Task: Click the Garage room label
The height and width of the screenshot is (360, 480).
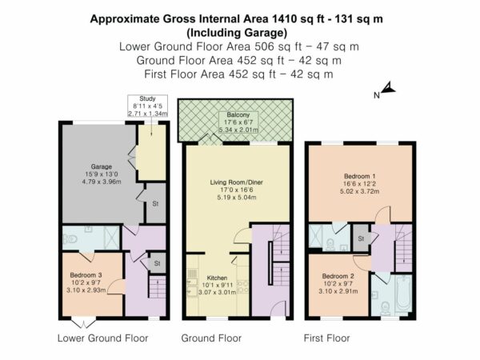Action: [x=102, y=167]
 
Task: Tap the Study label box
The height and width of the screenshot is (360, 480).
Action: [x=147, y=106]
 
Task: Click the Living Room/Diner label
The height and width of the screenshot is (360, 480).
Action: [x=236, y=182]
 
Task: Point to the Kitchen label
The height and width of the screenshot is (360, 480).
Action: [x=217, y=278]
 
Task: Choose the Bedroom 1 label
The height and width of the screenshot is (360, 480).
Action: [x=360, y=176]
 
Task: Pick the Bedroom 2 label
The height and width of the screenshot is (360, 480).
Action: [x=338, y=276]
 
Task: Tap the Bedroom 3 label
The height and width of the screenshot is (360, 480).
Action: [x=86, y=275]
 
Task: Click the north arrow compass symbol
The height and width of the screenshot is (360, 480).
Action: [x=388, y=87]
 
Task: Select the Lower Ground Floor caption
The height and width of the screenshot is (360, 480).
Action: [x=103, y=338]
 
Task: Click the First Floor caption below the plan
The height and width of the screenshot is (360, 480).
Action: [x=326, y=338]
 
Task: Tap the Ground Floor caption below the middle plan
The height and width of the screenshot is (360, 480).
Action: [x=211, y=338]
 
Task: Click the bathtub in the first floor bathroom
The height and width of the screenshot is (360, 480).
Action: [x=403, y=294]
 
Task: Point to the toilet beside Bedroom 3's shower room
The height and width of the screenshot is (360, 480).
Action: [x=70, y=238]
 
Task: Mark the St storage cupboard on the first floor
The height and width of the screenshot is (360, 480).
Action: [x=361, y=238]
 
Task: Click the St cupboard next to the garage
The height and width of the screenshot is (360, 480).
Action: [x=155, y=203]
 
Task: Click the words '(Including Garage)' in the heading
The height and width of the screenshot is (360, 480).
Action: [x=238, y=33]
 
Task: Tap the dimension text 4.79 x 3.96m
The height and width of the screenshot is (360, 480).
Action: [x=102, y=182]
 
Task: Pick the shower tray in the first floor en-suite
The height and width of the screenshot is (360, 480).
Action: [x=316, y=236]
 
